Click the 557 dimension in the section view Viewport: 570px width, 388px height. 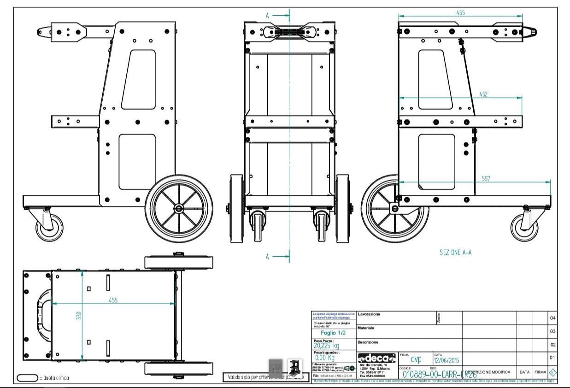pos(486,177)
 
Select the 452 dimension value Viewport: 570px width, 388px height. pos(483,94)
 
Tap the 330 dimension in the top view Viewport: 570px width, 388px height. pos(79,316)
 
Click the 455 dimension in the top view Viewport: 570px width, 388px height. pos(113,300)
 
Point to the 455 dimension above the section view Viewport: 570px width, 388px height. pos(460,12)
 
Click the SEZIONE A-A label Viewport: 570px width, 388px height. pos(456,252)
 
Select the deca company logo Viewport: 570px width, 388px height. pos(376,358)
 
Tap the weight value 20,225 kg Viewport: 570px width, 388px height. pos(326,346)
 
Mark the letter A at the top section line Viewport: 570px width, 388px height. pos(268,15)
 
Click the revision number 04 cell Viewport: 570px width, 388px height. pos(552,318)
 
